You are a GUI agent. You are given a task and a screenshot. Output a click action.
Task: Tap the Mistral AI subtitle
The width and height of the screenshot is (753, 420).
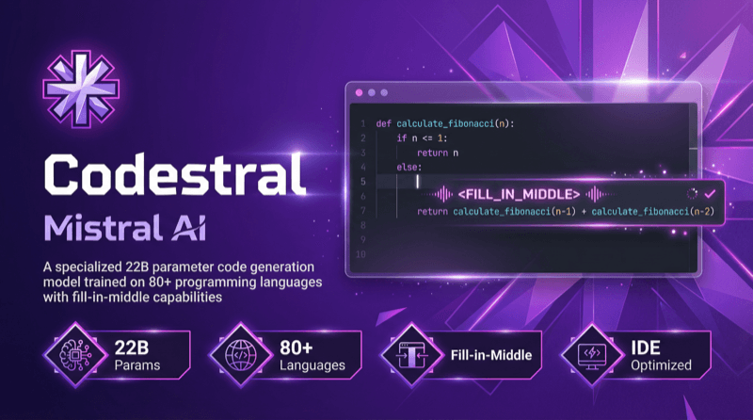click(x=119, y=224)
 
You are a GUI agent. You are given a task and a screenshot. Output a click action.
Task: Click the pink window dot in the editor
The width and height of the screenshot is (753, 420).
click(x=359, y=92)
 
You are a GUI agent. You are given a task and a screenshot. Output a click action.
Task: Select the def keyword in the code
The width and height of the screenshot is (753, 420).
click(x=384, y=123)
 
